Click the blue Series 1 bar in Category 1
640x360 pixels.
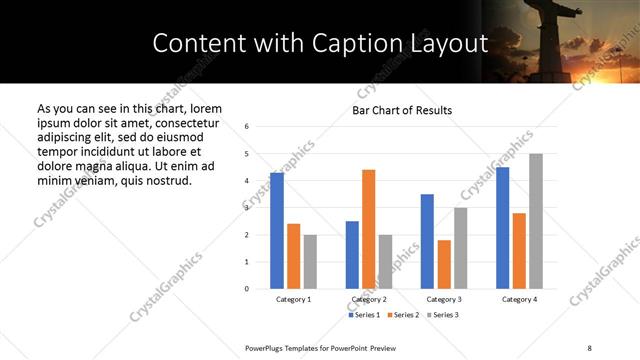277,231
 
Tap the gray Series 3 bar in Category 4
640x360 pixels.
536,221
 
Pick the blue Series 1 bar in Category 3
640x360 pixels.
427,241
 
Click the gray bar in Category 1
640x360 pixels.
310,262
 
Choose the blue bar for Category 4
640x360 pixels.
503,228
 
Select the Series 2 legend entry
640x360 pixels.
403,315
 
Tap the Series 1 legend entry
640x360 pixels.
364,315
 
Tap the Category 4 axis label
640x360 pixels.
519,300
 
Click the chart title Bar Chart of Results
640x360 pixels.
402,110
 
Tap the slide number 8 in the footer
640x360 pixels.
591,348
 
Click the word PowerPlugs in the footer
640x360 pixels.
268,348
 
